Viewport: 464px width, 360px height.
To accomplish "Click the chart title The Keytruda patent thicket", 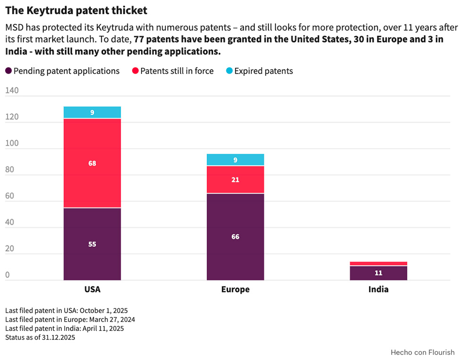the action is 76,10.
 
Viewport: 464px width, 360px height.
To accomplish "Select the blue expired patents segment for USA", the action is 92,112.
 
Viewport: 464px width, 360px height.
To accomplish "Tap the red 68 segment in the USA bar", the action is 92,163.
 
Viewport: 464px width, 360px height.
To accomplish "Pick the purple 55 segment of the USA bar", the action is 92,244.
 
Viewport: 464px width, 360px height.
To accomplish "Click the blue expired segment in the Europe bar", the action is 235,159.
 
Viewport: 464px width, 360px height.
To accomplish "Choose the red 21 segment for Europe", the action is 235,180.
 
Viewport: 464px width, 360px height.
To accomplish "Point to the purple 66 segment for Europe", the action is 235,237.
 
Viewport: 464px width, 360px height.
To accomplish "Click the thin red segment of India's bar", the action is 379,263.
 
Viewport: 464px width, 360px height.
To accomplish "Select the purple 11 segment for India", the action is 379,273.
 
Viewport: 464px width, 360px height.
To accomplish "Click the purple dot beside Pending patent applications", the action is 8,71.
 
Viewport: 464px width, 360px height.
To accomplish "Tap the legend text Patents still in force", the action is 177,71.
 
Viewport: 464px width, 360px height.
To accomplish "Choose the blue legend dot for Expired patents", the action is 229,71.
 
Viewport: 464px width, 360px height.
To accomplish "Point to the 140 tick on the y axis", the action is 12,90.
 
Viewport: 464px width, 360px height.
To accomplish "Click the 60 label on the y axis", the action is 9,196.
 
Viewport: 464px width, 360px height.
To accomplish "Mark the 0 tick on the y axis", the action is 8,275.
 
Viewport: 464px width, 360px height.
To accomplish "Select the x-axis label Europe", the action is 235,289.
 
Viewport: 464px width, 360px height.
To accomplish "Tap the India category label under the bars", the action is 379,289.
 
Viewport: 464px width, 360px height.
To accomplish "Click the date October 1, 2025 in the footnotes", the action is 104,310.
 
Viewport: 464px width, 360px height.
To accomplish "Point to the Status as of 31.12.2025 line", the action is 40,337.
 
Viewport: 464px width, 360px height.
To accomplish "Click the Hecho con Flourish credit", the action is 423,352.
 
